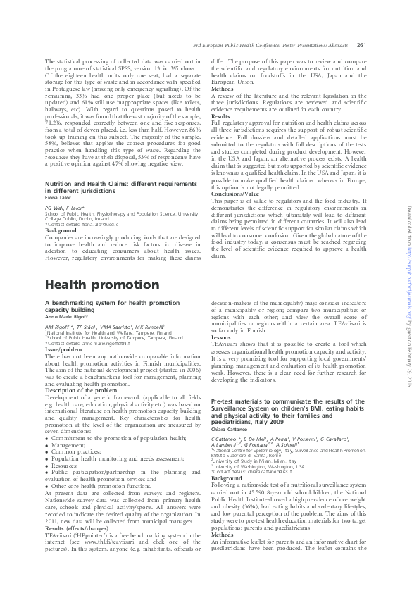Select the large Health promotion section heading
(x=102, y=285)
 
